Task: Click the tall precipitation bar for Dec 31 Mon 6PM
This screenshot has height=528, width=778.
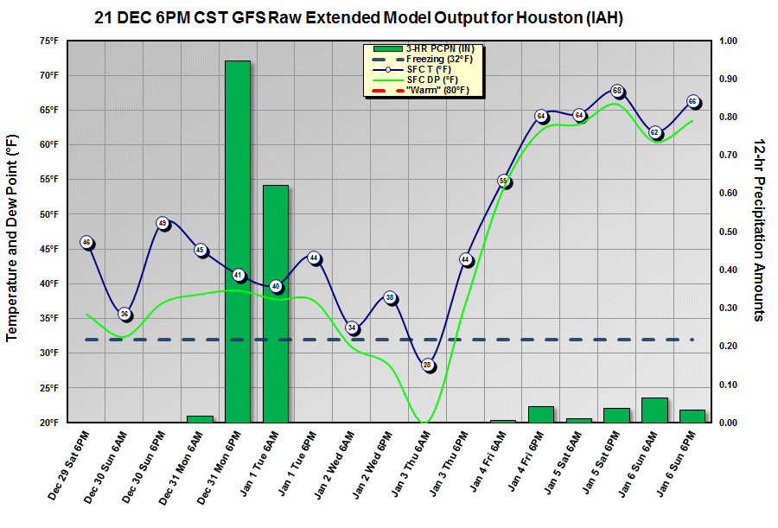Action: point(238,242)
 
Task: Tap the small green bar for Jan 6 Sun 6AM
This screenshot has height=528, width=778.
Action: point(654,410)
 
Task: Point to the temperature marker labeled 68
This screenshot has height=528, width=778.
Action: point(617,91)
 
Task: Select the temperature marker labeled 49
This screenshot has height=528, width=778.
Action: point(163,223)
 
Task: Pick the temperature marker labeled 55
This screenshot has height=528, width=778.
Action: point(503,181)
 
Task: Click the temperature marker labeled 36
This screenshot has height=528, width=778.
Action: point(124,314)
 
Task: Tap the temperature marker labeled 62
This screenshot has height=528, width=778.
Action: point(655,132)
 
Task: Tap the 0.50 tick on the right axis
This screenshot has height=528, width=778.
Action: point(728,232)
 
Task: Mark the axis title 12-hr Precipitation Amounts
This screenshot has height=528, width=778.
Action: point(758,229)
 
